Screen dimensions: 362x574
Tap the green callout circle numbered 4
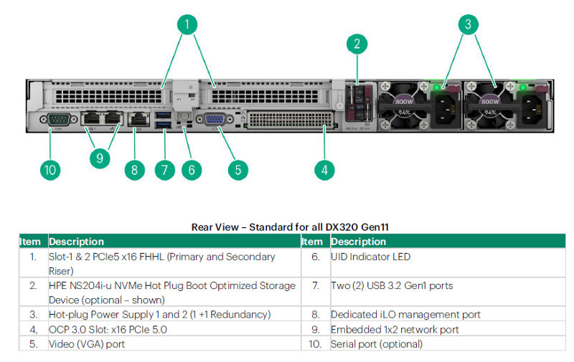(x=324, y=170)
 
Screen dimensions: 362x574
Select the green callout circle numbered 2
(x=357, y=44)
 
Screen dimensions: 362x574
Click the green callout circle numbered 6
(x=192, y=170)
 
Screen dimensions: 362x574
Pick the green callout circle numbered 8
(x=134, y=170)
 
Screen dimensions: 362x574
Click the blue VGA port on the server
(x=214, y=120)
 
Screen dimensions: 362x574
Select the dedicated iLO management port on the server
(x=136, y=119)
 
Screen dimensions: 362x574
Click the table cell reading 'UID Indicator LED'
(x=371, y=257)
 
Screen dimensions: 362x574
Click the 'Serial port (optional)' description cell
(x=377, y=344)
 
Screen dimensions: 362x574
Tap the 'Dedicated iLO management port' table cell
(x=405, y=315)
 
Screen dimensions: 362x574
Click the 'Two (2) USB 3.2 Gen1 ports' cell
(x=392, y=286)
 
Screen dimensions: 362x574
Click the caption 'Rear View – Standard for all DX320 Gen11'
(x=291, y=227)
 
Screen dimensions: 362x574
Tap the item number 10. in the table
(x=315, y=344)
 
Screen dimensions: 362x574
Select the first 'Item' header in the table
(x=31, y=242)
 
